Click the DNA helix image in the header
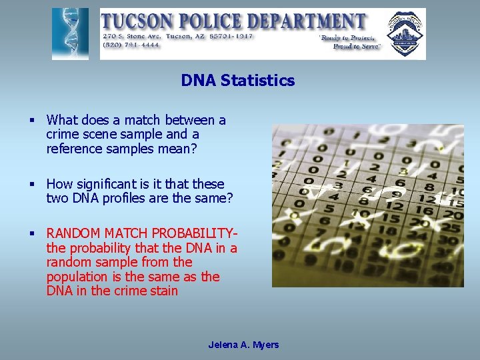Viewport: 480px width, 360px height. [x=70, y=34]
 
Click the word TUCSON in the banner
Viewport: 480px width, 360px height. [x=141, y=21]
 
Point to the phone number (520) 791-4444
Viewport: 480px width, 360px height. [x=131, y=45]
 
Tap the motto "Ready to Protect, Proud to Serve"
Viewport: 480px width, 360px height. [x=350, y=43]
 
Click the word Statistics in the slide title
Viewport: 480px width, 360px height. [x=257, y=81]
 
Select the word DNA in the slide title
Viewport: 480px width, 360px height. [x=198, y=81]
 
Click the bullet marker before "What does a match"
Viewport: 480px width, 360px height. [x=31, y=121]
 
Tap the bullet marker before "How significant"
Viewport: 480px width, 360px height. [x=31, y=184]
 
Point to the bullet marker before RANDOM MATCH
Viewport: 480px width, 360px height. [x=31, y=233]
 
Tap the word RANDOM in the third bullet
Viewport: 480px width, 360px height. [x=72, y=234]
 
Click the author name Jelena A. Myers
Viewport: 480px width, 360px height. [x=243, y=345]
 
